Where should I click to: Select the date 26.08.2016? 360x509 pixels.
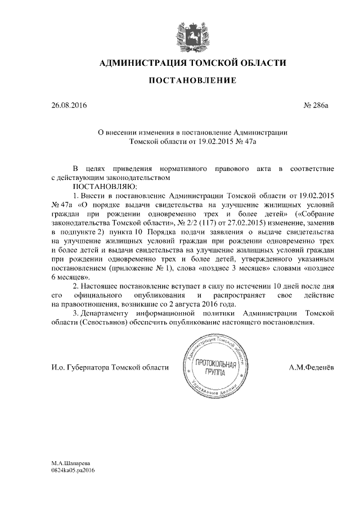point(69,105)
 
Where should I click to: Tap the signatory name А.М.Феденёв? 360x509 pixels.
point(310,367)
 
